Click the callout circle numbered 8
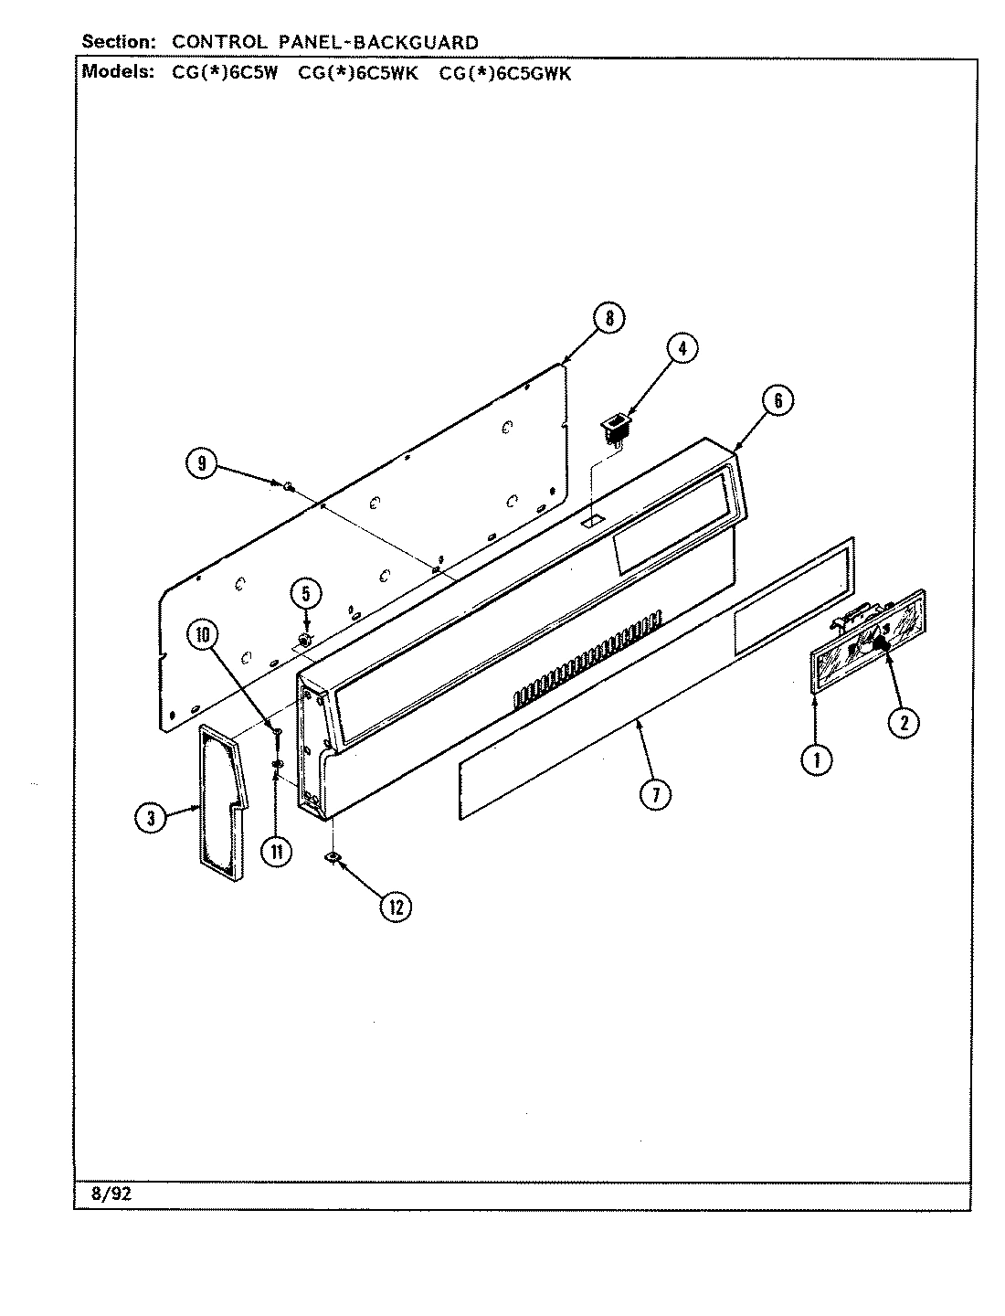click(609, 319)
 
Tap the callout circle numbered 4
click(681, 347)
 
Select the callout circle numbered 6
click(778, 400)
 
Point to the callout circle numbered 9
click(202, 464)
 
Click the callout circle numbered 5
click(305, 594)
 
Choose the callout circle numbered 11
click(276, 851)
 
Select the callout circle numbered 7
click(655, 794)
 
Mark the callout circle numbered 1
click(816, 758)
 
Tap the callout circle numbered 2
click(903, 723)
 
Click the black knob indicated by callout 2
click(883, 646)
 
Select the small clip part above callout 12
click(333, 857)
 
